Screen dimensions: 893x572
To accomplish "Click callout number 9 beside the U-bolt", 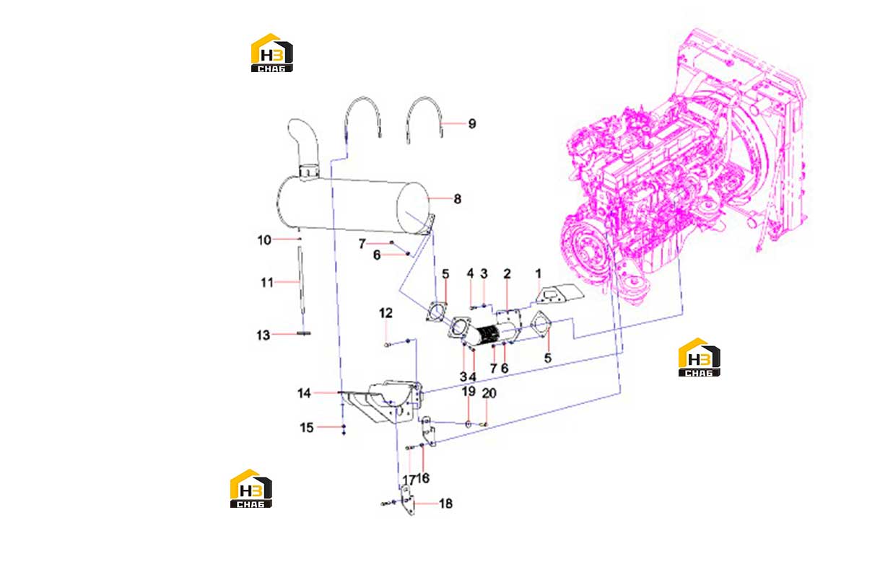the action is (x=472, y=124).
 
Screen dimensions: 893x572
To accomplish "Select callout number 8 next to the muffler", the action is (x=457, y=199).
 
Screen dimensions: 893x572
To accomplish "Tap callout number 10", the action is (x=264, y=239).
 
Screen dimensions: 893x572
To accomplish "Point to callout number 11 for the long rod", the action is (x=267, y=283).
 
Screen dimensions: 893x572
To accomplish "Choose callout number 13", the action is (x=263, y=335).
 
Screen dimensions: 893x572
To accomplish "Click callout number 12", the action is (x=385, y=312).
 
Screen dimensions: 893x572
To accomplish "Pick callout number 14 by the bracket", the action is (x=304, y=393).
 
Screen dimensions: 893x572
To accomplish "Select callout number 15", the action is (x=307, y=428).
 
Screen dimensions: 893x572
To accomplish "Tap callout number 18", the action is (x=445, y=503).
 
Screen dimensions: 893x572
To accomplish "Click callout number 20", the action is (x=489, y=393).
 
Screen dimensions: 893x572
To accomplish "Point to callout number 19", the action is (x=469, y=391).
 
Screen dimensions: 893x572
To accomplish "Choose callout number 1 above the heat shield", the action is (x=539, y=273).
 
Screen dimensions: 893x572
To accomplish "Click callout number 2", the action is (x=507, y=273).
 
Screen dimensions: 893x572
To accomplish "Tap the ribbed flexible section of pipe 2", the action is (x=487, y=335).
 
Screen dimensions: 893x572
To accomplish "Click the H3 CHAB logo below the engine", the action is (x=700, y=357).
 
